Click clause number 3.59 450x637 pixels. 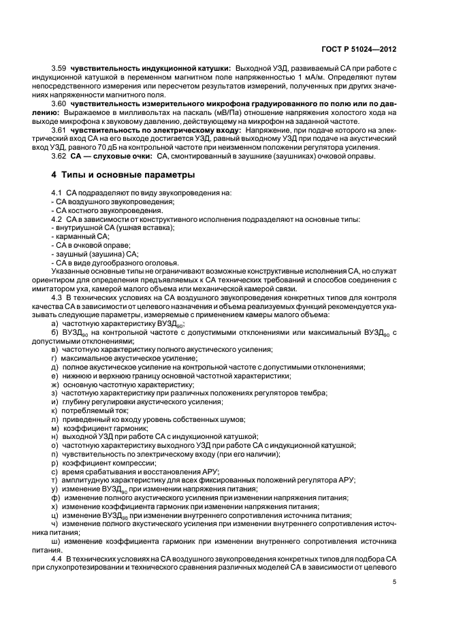[x=60, y=69]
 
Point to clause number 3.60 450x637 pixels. [x=60, y=103]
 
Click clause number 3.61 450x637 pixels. [x=60, y=129]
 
